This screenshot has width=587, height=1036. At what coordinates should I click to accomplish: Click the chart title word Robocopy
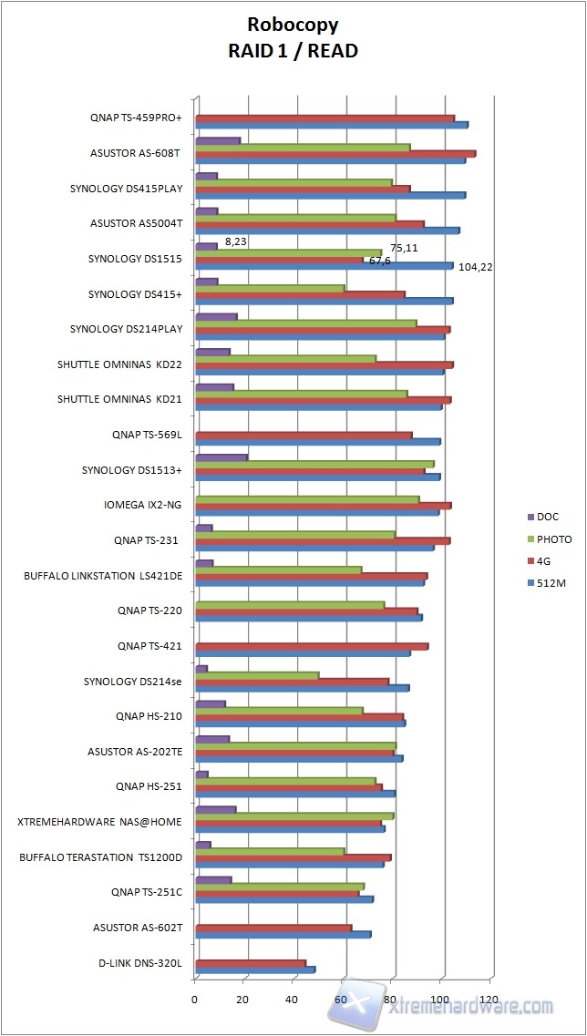293,26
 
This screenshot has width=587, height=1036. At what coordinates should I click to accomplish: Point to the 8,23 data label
235,241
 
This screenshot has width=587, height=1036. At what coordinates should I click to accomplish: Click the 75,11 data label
404,248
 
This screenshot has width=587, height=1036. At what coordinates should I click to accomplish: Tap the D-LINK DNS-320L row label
140,962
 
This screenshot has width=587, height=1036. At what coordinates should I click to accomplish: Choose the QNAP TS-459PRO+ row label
136,118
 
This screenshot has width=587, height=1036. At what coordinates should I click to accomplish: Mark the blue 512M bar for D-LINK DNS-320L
255,969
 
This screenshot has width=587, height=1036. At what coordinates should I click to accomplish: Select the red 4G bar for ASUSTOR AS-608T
335,153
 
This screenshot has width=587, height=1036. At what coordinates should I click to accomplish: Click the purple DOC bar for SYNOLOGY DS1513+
221,456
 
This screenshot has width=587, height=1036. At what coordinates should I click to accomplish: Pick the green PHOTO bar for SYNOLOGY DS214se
257,675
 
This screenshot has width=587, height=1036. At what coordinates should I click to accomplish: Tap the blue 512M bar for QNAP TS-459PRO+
331,125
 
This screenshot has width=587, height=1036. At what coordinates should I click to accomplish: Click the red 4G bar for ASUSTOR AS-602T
273,928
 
